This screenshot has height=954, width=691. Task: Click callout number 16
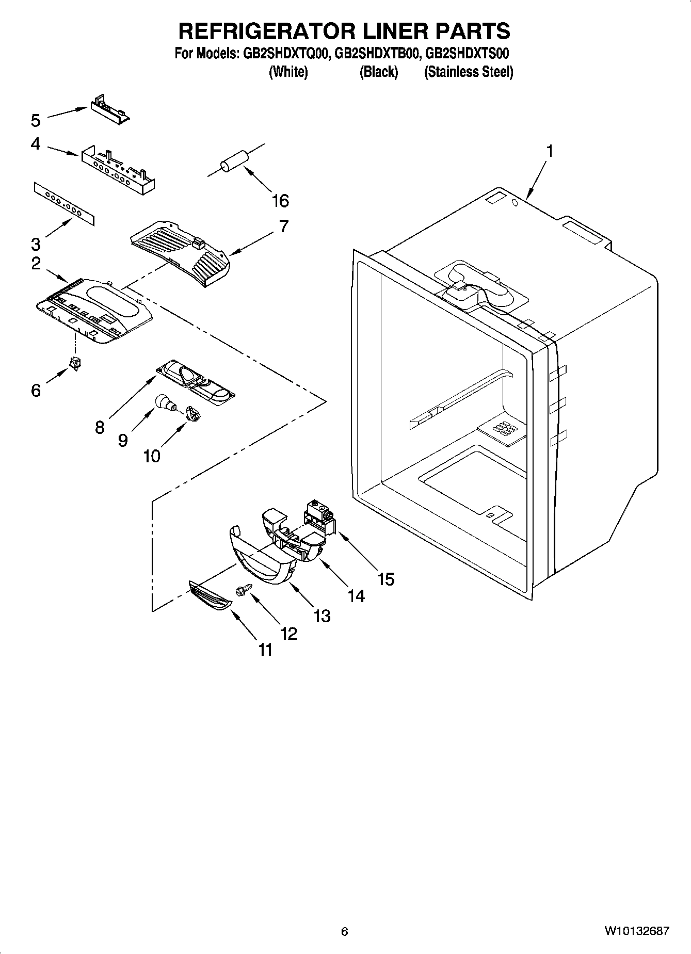click(280, 201)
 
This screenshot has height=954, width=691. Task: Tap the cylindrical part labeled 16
click(234, 159)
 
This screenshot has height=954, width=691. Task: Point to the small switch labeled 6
click(76, 364)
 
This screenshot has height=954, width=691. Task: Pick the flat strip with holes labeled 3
click(65, 203)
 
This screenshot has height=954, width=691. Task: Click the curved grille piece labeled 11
click(208, 595)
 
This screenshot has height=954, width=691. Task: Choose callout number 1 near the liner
click(550, 151)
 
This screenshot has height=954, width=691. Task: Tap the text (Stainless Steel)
click(468, 72)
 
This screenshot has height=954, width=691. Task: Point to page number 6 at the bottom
click(345, 931)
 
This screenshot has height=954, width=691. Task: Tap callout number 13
click(322, 616)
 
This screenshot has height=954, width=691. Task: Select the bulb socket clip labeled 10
click(192, 413)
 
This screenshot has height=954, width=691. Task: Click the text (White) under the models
click(288, 72)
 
